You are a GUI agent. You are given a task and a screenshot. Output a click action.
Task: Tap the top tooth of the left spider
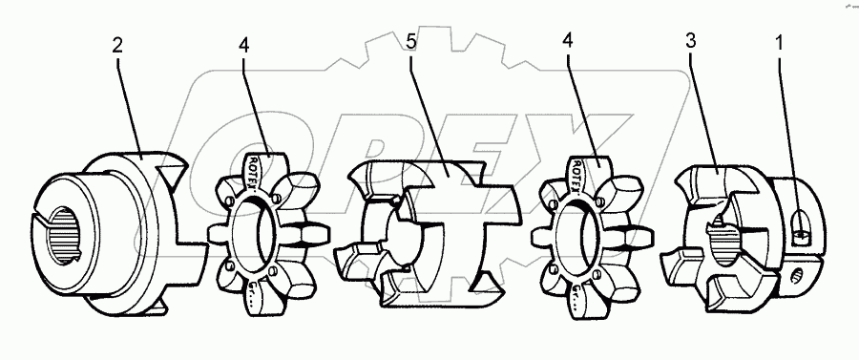[265, 164]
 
